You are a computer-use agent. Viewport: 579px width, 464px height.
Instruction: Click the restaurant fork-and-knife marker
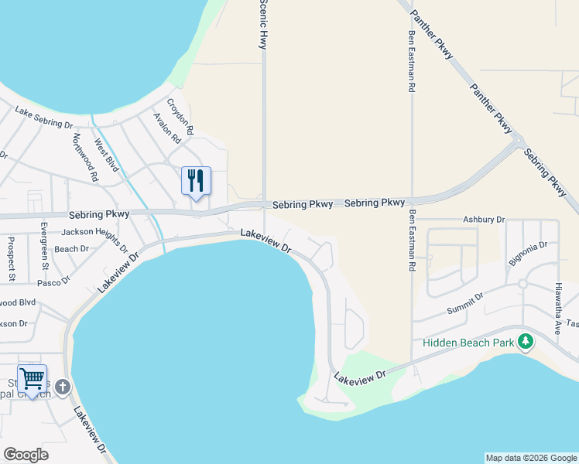(x=196, y=181)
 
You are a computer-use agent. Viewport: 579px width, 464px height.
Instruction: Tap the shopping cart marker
(x=32, y=379)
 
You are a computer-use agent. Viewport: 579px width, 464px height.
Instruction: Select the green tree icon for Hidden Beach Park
(x=526, y=341)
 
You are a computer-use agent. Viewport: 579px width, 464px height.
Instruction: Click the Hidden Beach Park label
(x=468, y=343)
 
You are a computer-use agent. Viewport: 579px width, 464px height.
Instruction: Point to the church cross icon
(x=63, y=387)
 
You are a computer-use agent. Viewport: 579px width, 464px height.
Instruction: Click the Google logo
(x=26, y=455)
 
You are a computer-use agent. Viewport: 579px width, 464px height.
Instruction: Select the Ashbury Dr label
(x=484, y=220)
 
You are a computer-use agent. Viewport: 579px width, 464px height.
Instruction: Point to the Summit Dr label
(x=465, y=303)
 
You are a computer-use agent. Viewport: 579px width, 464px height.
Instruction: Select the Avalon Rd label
(x=166, y=128)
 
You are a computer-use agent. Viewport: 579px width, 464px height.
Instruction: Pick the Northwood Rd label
(x=85, y=157)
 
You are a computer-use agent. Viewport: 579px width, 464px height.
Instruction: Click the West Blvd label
(x=106, y=155)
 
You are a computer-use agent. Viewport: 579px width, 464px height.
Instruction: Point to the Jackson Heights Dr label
(x=94, y=237)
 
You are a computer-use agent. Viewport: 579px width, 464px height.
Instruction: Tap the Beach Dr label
(x=72, y=249)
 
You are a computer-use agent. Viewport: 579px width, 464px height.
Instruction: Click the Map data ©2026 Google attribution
(x=531, y=458)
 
